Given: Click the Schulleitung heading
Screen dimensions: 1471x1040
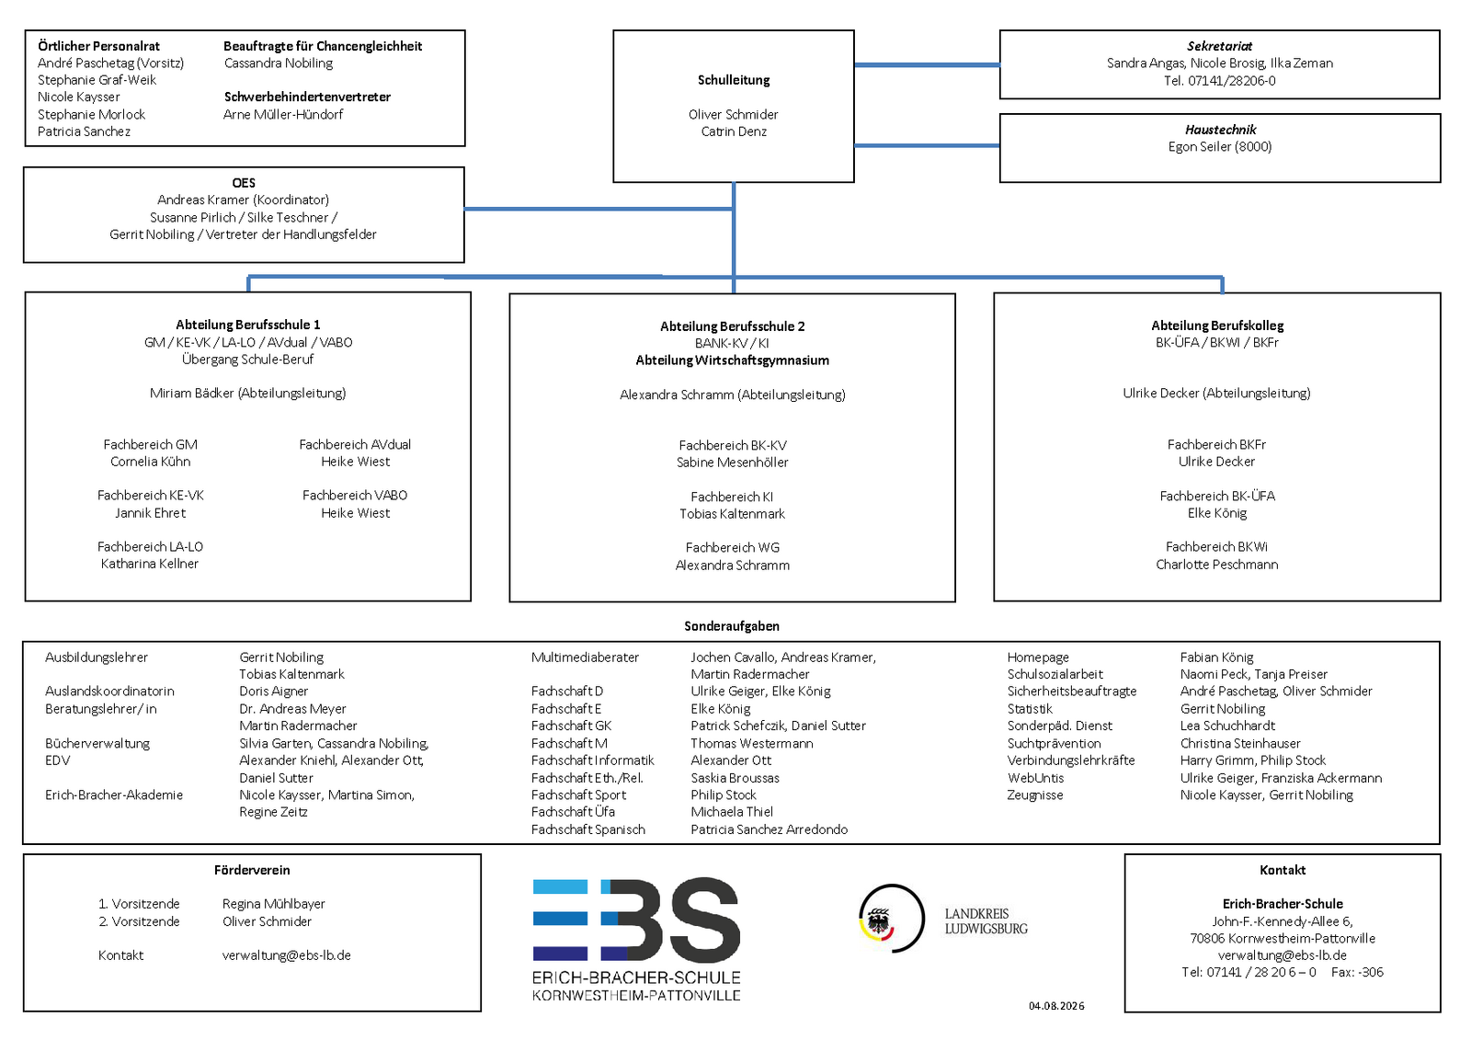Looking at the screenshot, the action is (733, 80).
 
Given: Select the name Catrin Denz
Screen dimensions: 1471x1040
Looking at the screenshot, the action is (734, 131).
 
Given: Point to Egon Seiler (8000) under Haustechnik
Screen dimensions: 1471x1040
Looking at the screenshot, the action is (1219, 146).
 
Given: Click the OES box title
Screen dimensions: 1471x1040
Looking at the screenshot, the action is (244, 183).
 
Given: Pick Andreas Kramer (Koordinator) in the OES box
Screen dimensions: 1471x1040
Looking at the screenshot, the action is (243, 200).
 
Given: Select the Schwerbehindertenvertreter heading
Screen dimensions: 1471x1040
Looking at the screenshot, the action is (307, 97).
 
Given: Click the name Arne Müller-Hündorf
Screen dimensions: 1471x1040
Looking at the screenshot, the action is (283, 114).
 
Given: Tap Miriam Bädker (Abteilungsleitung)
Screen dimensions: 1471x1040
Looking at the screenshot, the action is (247, 393).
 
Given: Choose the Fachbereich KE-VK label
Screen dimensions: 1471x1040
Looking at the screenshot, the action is (151, 496).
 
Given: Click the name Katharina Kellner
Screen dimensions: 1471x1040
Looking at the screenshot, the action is (150, 564).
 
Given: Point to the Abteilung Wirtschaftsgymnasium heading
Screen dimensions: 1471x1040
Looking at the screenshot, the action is (732, 360).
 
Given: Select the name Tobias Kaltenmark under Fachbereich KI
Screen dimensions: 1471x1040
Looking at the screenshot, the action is (732, 514).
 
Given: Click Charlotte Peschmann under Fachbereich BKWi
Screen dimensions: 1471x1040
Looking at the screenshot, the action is (1217, 565).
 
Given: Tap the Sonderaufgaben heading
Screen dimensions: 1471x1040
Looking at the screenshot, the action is (732, 626).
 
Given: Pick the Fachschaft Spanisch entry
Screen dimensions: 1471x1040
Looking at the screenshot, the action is (588, 829).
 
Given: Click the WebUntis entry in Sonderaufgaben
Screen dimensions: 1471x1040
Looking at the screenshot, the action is (1035, 778).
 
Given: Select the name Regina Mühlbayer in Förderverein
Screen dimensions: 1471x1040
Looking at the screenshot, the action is (273, 904).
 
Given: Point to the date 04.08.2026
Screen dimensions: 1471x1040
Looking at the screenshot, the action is (1056, 1006).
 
